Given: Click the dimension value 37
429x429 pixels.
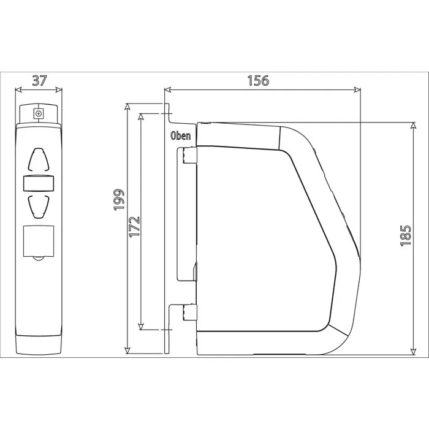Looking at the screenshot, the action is (x=40, y=80).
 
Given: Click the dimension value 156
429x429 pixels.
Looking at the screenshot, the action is (x=258, y=81).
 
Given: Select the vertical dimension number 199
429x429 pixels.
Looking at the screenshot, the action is (x=119, y=199).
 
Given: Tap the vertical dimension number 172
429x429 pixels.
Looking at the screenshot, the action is (x=134, y=227).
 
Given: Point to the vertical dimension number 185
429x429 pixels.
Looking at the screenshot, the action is (x=406, y=236).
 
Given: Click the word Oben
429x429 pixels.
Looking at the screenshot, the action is (x=181, y=135).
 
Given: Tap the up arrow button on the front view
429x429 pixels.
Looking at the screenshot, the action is (x=39, y=159).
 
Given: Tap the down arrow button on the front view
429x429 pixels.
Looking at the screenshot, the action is (x=39, y=207).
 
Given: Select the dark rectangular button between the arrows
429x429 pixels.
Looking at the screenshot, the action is (x=39, y=183).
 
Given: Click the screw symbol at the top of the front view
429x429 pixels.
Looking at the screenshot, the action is (x=39, y=113).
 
